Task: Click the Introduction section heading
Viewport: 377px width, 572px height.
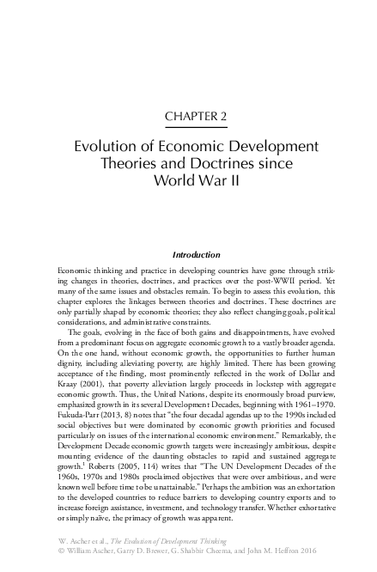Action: [x=198, y=255]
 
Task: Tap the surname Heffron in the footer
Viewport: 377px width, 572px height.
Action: [x=289, y=554]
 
